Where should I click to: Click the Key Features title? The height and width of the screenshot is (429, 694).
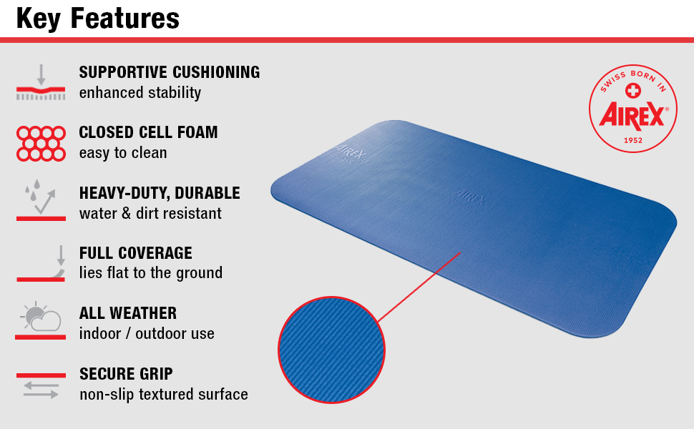98,18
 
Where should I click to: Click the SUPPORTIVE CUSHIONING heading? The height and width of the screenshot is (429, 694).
170,72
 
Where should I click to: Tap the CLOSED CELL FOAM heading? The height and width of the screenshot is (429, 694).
148,132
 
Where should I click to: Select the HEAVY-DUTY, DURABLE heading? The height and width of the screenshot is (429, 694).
160,193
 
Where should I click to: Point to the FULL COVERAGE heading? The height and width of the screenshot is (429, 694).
136,253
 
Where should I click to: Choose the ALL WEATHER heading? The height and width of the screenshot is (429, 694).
128,313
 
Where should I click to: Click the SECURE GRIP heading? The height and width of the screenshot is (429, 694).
126,374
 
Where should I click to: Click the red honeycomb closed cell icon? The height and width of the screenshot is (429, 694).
41,143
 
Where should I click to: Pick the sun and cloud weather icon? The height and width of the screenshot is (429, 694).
41,320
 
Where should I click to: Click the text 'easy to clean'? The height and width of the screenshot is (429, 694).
123,153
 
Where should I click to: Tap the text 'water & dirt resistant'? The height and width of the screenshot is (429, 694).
150,213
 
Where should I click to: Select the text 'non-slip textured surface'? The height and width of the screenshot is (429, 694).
164,395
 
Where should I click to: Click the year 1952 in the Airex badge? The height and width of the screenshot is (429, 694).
632,140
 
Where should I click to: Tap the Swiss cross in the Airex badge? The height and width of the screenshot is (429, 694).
632,90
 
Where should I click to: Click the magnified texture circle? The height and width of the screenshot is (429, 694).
331,350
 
